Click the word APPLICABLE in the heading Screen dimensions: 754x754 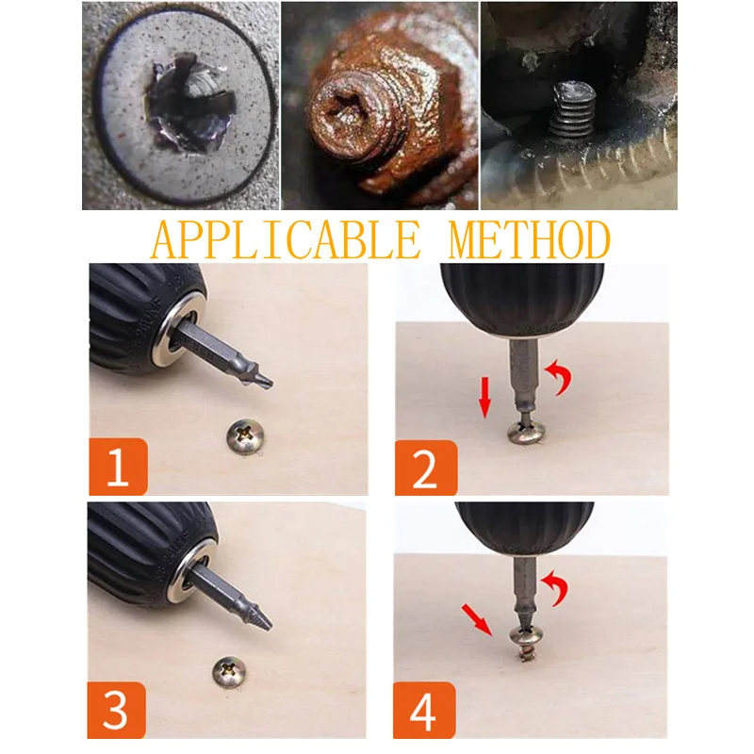point(286,239)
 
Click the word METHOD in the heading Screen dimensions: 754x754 point(530,239)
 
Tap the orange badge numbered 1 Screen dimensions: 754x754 point(119,467)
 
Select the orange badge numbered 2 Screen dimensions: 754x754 point(426,467)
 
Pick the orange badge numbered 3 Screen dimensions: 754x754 point(116,710)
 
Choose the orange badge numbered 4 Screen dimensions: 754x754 point(424,710)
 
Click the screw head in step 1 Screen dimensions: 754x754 point(245,436)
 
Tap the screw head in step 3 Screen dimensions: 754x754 point(229,672)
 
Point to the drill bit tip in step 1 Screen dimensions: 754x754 point(270,384)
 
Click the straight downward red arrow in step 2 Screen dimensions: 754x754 point(485,397)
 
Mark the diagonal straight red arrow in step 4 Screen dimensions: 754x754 point(477,620)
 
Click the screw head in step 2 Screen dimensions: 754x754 point(527,431)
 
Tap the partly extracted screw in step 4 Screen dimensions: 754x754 point(527,643)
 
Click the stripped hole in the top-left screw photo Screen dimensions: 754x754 point(191,104)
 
